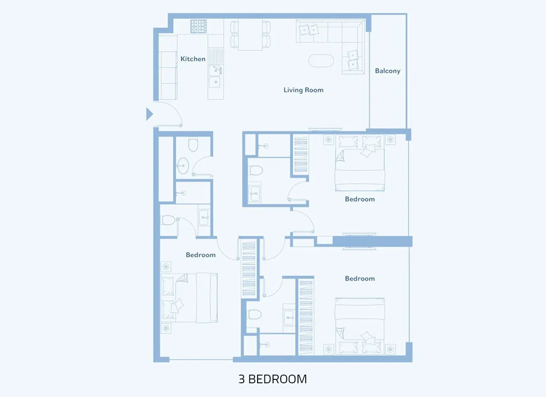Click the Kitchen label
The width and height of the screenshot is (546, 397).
tap(193, 59)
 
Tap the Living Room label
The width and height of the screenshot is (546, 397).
tap(303, 90)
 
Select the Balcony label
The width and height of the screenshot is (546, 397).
tap(387, 71)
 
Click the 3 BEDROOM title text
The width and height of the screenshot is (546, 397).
tap(273, 379)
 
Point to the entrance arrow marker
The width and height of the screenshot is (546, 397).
tap(149, 114)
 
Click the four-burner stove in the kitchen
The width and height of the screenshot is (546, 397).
tap(199, 27)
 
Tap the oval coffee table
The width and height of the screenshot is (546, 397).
tap(321, 60)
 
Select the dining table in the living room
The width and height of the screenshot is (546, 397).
tap(250, 35)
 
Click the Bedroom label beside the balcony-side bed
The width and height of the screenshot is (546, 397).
tap(360, 199)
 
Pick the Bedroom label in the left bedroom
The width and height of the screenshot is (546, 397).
tap(200, 255)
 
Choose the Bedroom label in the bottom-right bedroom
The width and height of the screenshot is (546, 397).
tap(360, 279)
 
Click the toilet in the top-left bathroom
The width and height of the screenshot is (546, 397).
tap(193, 145)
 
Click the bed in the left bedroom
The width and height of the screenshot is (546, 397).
tap(189, 297)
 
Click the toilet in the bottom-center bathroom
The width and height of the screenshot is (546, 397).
tap(254, 314)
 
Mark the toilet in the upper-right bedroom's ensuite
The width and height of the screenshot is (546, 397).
tap(256, 171)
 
